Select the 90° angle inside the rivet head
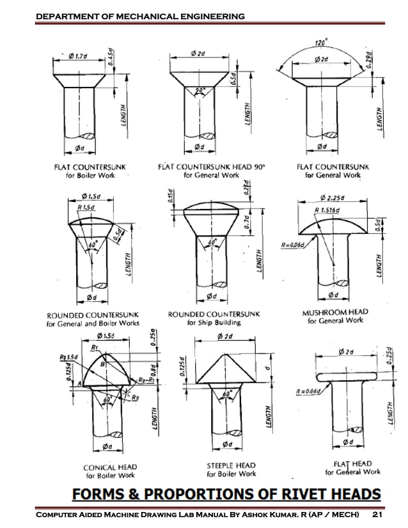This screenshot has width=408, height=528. pyautogui.click(x=200, y=91)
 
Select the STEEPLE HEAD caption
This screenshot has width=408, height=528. pyautogui.click(x=231, y=465)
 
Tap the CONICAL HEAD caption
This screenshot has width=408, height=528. pyautogui.click(x=111, y=467)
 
